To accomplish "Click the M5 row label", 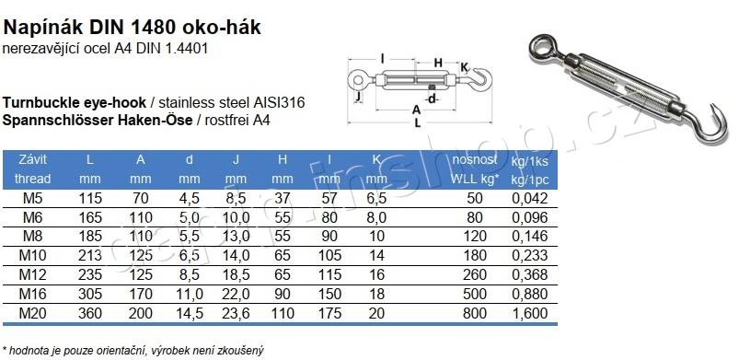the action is coord(32,198).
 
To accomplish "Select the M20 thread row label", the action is coord(32,313).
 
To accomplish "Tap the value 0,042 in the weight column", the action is coord(530,199).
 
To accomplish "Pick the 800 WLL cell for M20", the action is coord(475,313).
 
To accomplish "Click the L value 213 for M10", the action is coord(90,256).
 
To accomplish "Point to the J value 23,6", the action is coord(236,314).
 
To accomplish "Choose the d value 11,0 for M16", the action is coord(190,295).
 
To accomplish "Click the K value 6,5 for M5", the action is coord(377,199).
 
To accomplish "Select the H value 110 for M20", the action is coord(283,313).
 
